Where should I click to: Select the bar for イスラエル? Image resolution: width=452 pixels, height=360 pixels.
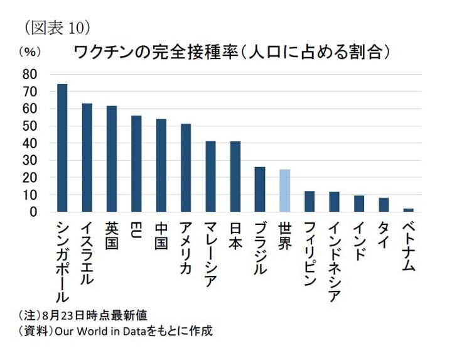87,157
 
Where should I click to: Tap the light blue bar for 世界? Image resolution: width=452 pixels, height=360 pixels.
284,190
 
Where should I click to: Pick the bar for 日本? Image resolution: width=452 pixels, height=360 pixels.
235,177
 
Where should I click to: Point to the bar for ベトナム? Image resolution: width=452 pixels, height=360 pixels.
408,210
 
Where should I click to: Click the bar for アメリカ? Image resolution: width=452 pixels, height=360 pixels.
186,168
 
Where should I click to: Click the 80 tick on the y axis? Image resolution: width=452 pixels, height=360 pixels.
30,74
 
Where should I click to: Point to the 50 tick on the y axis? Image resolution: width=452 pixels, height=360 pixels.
30,126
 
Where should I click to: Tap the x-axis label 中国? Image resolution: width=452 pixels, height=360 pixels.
161,235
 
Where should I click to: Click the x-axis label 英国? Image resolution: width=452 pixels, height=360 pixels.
112,235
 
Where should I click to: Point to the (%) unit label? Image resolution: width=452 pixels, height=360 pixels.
29,52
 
